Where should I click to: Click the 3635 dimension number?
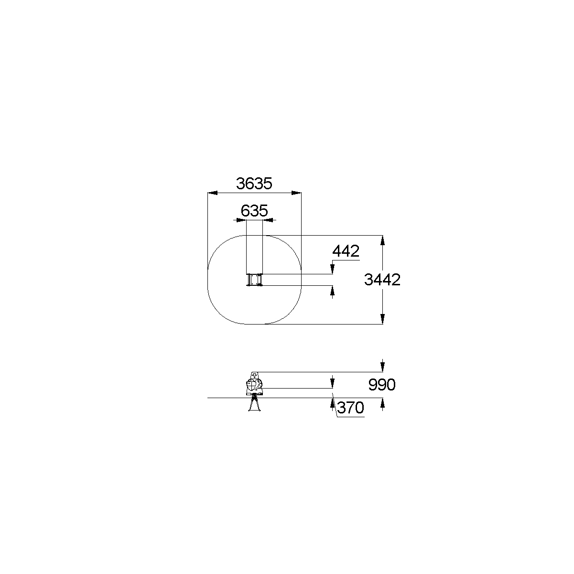(254, 184)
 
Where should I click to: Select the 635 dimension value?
(254, 211)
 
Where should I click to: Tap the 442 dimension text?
(346, 251)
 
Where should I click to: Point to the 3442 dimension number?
(382, 280)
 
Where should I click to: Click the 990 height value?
(382, 385)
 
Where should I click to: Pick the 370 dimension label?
(350, 408)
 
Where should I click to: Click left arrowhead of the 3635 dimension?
(212, 193)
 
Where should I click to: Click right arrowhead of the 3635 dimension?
(296, 193)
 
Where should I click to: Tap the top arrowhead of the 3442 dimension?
(382, 240)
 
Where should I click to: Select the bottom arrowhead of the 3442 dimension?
(382, 319)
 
